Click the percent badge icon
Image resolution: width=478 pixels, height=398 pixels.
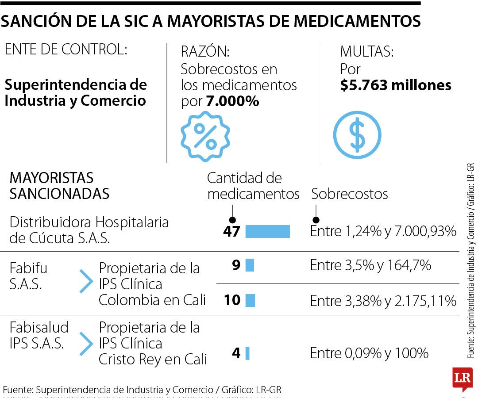click(x=205, y=136)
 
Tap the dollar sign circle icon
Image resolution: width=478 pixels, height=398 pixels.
click(x=357, y=135)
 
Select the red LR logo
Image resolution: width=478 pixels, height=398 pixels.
click(x=462, y=379)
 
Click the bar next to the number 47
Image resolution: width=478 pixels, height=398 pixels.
click(x=267, y=231)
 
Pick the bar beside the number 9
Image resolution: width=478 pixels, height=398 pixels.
click(x=250, y=265)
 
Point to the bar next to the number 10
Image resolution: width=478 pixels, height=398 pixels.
click(x=250, y=300)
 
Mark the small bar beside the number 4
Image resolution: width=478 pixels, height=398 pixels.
click(x=247, y=353)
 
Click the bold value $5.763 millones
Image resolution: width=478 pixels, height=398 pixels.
click(x=396, y=85)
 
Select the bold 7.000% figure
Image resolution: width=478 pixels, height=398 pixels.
click(x=232, y=101)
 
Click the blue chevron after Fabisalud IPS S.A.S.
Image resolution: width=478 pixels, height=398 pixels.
click(x=86, y=344)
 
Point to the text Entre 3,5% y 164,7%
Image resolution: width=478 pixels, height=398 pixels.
click(x=370, y=265)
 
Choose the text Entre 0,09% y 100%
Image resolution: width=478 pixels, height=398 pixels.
click(x=369, y=353)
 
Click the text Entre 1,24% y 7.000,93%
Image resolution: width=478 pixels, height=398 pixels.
click(x=383, y=231)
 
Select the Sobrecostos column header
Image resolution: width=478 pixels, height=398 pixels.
click(x=350, y=194)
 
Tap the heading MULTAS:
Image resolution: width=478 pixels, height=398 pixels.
click(x=366, y=52)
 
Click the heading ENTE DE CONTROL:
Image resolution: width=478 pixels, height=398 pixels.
click(x=66, y=50)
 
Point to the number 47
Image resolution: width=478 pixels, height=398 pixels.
click(x=231, y=231)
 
